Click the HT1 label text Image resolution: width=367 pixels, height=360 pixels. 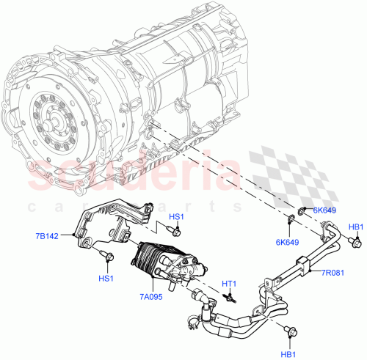[x=229, y=283]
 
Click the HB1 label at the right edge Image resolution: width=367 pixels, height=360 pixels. [x=355, y=227]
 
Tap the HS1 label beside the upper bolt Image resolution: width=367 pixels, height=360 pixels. [x=177, y=217]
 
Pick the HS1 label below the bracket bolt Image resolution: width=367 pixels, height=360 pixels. [x=106, y=279]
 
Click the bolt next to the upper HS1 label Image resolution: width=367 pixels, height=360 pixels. [x=176, y=231]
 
